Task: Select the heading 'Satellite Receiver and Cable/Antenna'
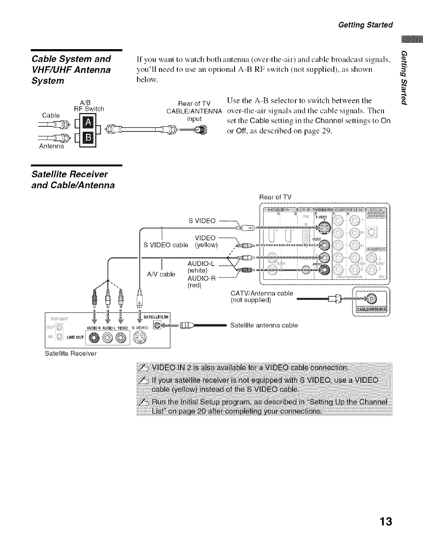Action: tap(73, 179)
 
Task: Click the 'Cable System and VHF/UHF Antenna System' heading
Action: tap(71, 69)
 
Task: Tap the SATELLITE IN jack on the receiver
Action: tap(157, 324)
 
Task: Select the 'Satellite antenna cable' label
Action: tap(264, 325)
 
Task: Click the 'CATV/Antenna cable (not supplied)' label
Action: tap(262, 297)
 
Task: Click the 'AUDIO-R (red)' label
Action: tap(201, 282)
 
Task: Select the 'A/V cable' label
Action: tap(161, 274)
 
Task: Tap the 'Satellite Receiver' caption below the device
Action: tap(70, 353)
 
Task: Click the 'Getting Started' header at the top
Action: tap(366, 24)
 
